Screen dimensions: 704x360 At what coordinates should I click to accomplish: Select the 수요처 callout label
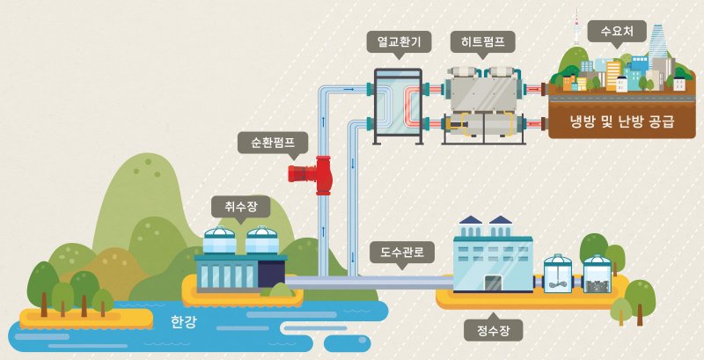click(617, 32)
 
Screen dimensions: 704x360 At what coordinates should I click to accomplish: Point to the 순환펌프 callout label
click(273, 143)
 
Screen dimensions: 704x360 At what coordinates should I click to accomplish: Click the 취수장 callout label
click(241, 207)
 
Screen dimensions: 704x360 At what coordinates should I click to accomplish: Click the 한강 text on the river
click(183, 322)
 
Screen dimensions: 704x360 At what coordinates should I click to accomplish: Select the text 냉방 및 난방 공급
click(622, 121)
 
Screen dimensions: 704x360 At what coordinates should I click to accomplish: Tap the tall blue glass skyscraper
click(656, 45)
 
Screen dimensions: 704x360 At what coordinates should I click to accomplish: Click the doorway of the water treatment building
click(495, 283)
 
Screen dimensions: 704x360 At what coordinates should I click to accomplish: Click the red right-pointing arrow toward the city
click(533, 89)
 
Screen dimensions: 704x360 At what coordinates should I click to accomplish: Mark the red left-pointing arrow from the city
click(533, 122)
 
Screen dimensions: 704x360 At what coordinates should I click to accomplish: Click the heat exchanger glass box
click(398, 106)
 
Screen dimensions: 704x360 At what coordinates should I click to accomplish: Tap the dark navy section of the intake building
click(271, 274)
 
